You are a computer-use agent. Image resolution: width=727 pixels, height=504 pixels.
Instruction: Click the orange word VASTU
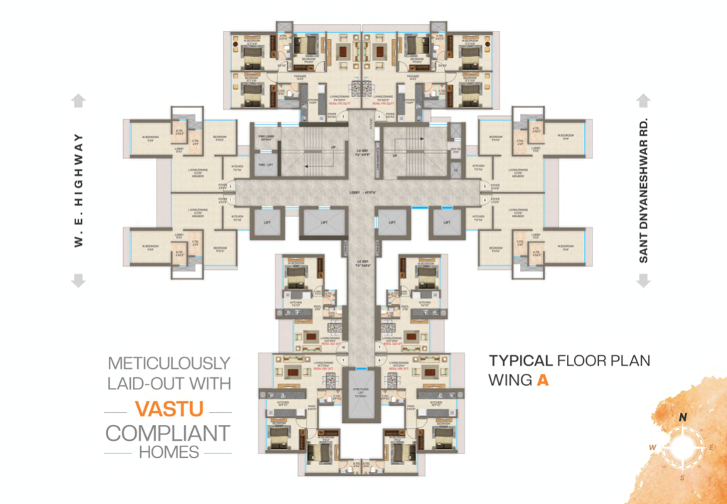click(x=168, y=409)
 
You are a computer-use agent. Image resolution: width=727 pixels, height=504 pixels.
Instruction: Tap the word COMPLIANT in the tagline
click(x=168, y=432)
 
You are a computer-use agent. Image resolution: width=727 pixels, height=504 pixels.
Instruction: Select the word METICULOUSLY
click(x=168, y=362)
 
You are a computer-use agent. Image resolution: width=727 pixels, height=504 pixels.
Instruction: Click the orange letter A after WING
click(x=543, y=380)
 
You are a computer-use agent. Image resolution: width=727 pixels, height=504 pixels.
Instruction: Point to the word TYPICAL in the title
click(x=520, y=360)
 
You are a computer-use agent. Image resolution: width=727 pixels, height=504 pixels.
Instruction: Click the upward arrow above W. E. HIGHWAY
click(x=79, y=101)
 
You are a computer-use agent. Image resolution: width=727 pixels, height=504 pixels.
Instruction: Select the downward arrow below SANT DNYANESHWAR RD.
click(x=643, y=281)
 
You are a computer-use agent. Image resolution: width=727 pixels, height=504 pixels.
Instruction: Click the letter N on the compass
click(x=682, y=418)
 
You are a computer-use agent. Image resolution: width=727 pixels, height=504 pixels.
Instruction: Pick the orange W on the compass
click(x=652, y=447)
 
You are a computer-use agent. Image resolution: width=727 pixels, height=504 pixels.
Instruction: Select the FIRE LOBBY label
click(x=267, y=140)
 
